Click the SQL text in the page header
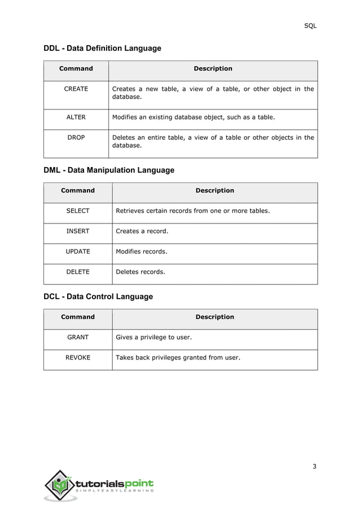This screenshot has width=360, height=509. [310, 26]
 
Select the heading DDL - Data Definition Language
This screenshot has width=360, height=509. [102, 49]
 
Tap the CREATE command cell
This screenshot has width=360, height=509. [76, 89]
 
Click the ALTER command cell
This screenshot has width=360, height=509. [76, 117]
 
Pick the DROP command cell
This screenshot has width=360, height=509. [76, 138]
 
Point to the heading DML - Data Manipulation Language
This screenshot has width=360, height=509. [109, 170]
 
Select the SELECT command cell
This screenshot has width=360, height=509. [78, 211]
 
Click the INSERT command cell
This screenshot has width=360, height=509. [78, 231]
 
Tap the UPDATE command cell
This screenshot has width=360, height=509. [78, 252]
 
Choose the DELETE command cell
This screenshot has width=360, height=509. [78, 272]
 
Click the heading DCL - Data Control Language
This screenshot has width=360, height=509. [98, 296]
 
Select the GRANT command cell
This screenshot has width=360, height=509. [78, 337]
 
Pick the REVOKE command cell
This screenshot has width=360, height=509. [78, 358]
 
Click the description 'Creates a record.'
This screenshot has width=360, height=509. [142, 231]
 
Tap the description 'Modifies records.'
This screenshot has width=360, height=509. [141, 252]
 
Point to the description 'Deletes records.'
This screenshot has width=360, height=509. [140, 272]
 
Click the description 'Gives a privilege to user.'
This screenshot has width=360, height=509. [153, 337]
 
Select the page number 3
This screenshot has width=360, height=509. [314, 466]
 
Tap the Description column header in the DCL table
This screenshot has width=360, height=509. [214, 317]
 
